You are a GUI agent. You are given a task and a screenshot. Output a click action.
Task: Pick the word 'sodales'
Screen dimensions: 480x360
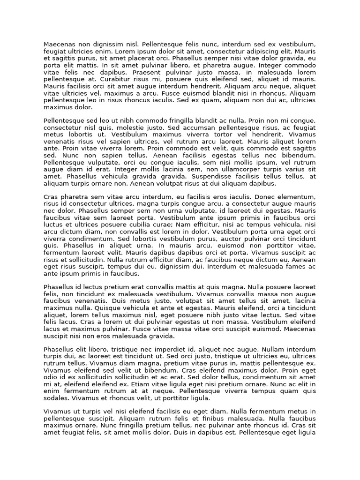coord(56,398)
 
